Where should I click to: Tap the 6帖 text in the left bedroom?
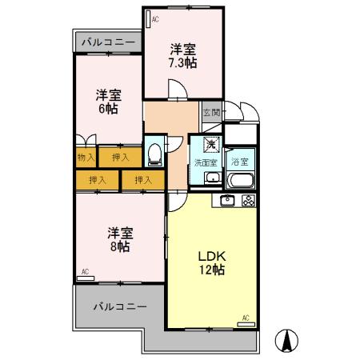[x=106, y=107]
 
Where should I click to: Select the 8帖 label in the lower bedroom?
[x=121, y=246]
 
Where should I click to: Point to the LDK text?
[x=213, y=256]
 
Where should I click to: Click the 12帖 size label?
[x=213, y=270]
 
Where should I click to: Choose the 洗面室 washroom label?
[x=206, y=162]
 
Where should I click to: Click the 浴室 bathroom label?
[x=239, y=162]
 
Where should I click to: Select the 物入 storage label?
[x=86, y=158]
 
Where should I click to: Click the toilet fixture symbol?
[x=155, y=150]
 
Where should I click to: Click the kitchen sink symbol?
[x=228, y=200]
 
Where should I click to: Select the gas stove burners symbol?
[x=247, y=200]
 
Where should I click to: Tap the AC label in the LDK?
[x=245, y=318]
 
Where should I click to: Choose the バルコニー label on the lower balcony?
[x=119, y=306]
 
